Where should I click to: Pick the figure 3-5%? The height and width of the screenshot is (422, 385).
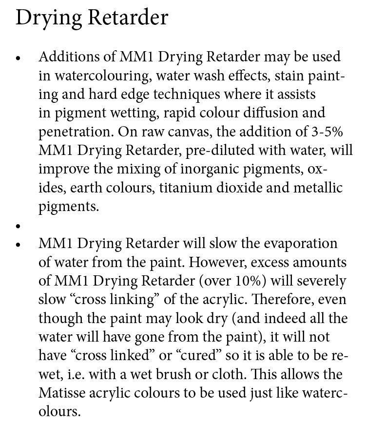(x=330, y=132)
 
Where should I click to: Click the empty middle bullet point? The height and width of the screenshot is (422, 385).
(x=19, y=226)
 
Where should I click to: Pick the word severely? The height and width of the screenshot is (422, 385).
(x=321, y=281)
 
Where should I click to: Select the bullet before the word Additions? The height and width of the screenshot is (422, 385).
(x=19, y=58)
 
